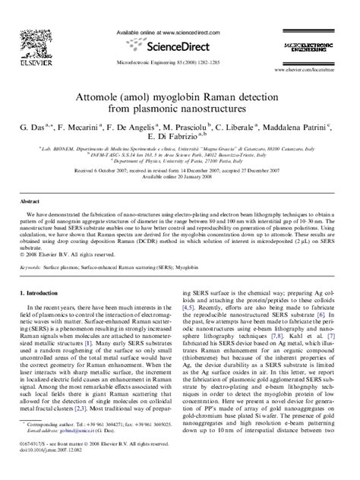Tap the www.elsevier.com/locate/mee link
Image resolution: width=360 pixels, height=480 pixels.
coord(324,77)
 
